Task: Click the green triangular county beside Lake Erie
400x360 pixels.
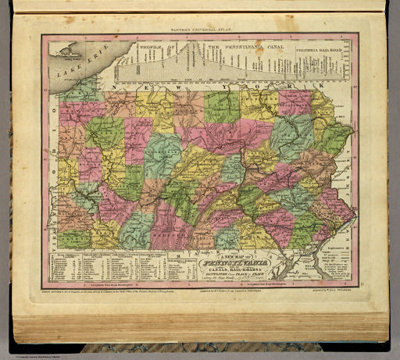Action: pos(74,88)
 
